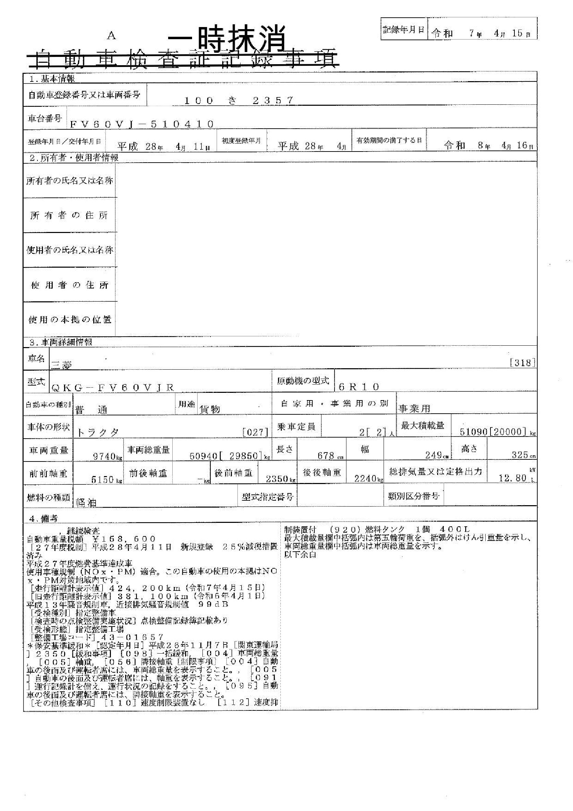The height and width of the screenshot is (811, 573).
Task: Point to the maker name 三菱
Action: tap(62, 365)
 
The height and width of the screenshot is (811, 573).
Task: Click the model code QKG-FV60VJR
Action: tap(113, 388)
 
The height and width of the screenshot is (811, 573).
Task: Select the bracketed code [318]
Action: tap(522, 363)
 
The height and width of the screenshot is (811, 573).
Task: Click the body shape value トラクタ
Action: tap(98, 432)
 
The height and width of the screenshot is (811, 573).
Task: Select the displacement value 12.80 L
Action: tap(515, 478)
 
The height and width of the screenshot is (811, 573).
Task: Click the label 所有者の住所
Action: tap(69, 215)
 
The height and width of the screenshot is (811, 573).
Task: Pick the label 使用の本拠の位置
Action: tap(70, 320)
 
